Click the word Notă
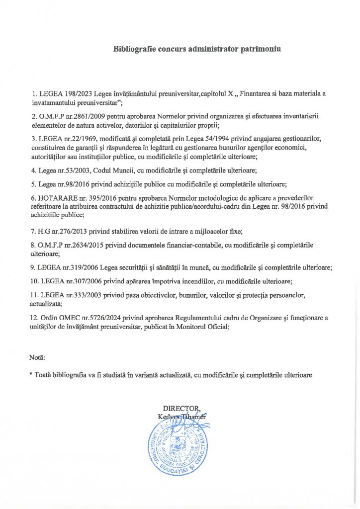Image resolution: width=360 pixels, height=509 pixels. [x=37, y=358]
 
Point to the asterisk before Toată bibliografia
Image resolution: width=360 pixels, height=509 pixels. [x=31, y=375]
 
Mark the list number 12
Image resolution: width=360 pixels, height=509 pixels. [x=34, y=317]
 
